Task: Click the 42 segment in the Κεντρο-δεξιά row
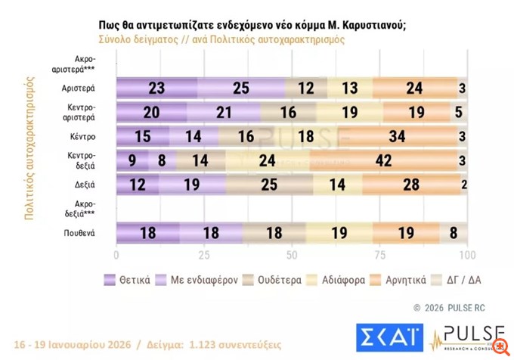click(x=383, y=160)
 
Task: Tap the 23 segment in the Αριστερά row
click(x=156, y=88)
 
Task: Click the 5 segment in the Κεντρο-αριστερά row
click(x=459, y=112)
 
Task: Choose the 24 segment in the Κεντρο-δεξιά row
click(x=268, y=160)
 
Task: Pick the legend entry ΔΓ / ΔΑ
click(x=460, y=280)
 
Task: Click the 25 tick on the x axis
click(x=203, y=255)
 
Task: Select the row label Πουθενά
click(x=79, y=231)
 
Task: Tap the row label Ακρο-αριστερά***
click(x=78, y=64)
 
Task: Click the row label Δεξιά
click(x=82, y=184)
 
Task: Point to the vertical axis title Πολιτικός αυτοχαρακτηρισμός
click(x=31, y=147)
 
